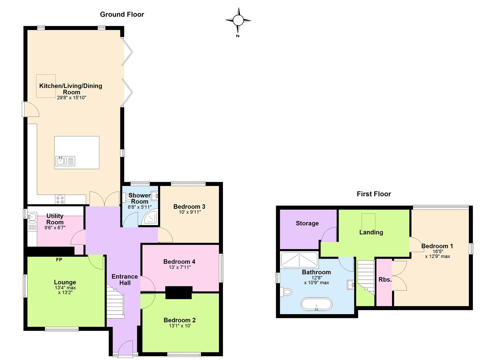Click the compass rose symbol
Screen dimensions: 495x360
pyautogui.click(x=238, y=21)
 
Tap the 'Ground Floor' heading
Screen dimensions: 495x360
pyautogui.click(x=122, y=14)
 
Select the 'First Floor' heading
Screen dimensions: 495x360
pyautogui.click(x=374, y=194)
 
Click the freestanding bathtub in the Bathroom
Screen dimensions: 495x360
pyautogui.click(x=316, y=304)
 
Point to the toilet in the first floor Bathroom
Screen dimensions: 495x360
pyautogui.click(x=286, y=292)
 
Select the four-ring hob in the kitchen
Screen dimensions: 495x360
pyautogui.click(x=60, y=200)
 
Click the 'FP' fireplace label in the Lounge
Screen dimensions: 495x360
pyautogui.click(x=59, y=260)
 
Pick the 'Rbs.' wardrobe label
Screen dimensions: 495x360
pyautogui.click(x=385, y=280)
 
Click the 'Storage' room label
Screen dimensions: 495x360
pyautogui.click(x=307, y=223)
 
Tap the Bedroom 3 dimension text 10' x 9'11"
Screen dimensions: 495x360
pyautogui.click(x=190, y=212)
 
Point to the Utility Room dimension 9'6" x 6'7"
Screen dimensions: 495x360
pyautogui.click(x=55, y=228)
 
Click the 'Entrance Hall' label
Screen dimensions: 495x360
pyautogui.click(x=125, y=280)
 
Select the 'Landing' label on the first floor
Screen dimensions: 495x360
pyautogui.click(x=371, y=232)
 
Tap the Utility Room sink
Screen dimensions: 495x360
pyautogui.click(x=32, y=217)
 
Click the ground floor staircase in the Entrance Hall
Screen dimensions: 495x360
pyautogui.click(x=115, y=301)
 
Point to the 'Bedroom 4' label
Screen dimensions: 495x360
pyautogui.click(x=179, y=262)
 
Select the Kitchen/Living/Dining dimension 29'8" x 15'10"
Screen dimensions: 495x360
pyautogui.click(x=72, y=98)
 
